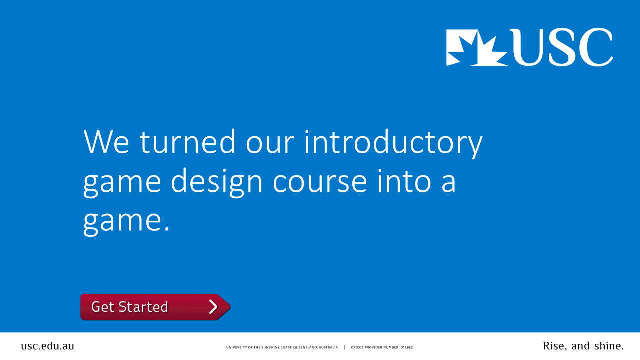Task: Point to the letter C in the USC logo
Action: click(x=595, y=47)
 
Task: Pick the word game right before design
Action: click(x=122, y=183)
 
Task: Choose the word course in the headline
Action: click(x=320, y=183)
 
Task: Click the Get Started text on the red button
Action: click(x=130, y=307)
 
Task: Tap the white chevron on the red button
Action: click(x=213, y=307)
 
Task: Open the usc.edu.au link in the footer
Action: click(x=47, y=346)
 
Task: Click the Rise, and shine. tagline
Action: click(x=583, y=346)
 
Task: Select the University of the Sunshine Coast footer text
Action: click(x=282, y=347)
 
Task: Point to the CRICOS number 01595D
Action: click(x=406, y=347)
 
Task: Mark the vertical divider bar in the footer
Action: click(x=344, y=347)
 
